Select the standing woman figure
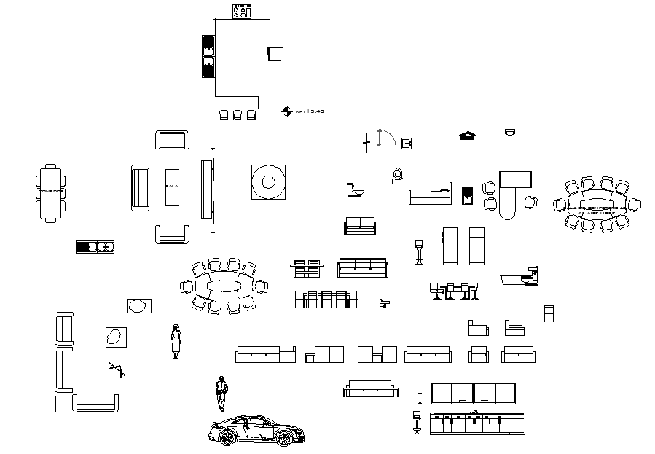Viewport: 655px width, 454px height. click(176, 340)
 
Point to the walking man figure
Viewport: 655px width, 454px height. click(220, 394)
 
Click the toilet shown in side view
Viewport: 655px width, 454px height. click(354, 189)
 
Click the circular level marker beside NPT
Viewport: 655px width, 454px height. click(286, 111)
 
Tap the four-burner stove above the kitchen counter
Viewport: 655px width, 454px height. click(240, 11)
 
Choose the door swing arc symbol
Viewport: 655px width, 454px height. click(387, 138)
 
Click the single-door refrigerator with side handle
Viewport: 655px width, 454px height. click(450, 246)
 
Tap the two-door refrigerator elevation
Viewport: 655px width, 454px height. click(476, 246)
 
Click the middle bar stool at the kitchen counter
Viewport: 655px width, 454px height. click(238, 114)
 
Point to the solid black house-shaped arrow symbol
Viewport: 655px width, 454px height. click(467, 135)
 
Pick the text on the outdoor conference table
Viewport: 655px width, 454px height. click(596, 208)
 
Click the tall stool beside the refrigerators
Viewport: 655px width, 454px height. click(419, 250)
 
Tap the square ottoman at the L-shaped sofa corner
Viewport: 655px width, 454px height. click(63, 403)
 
